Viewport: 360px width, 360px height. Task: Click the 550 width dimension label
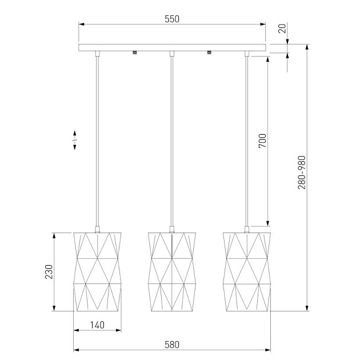coord(172,19)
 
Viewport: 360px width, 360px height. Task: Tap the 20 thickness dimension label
coord(282,29)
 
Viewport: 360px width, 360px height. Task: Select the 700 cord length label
coord(262,141)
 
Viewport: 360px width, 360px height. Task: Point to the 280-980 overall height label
coord(302,173)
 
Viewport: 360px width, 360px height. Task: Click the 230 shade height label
coord(49,272)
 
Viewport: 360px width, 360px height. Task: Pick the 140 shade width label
coord(97,325)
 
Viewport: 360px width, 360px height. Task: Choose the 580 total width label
coord(172,345)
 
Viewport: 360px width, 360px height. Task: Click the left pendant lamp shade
coord(97,272)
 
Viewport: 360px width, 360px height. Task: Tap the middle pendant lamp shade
coord(172,272)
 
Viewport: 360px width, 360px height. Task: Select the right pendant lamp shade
coord(247,272)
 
